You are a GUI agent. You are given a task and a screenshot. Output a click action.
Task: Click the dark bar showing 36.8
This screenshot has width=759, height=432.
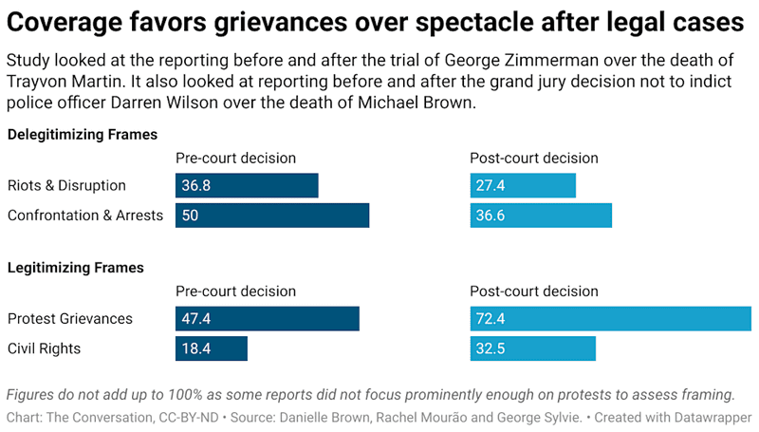click(247, 185)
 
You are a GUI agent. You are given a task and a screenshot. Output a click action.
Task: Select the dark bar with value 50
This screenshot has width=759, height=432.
click(272, 216)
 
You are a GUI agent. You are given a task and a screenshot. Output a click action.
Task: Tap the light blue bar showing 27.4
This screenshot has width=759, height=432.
click(523, 185)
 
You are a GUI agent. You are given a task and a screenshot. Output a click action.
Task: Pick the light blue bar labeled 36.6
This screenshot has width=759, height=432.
click(541, 216)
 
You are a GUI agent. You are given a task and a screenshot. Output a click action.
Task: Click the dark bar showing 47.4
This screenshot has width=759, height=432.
click(267, 318)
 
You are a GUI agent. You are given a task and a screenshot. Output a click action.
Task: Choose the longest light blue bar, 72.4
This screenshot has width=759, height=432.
click(610, 318)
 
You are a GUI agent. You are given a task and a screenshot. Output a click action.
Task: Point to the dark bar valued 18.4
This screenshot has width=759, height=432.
click(211, 348)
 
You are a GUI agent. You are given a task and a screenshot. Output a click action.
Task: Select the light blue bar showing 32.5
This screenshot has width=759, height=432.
click(532, 348)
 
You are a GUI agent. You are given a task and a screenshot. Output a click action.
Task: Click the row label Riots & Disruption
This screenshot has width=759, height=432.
click(66, 185)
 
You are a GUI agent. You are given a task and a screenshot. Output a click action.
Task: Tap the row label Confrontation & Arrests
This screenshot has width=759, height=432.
click(85, 216)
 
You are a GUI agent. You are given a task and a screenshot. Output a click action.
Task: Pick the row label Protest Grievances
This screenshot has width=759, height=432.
click(70, 318)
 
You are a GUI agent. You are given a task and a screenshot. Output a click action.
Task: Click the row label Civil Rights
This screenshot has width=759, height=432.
click(44, 348)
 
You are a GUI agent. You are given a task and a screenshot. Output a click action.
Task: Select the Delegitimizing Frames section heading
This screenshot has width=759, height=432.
click(83, 135)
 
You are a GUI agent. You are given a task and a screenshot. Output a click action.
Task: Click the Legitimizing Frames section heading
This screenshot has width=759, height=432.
click(76, 268)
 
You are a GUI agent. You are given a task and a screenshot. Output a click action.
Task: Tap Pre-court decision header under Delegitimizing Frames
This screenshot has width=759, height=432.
click(236, 158)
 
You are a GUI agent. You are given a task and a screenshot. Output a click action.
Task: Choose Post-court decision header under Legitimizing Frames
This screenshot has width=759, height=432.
click(534, 291)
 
